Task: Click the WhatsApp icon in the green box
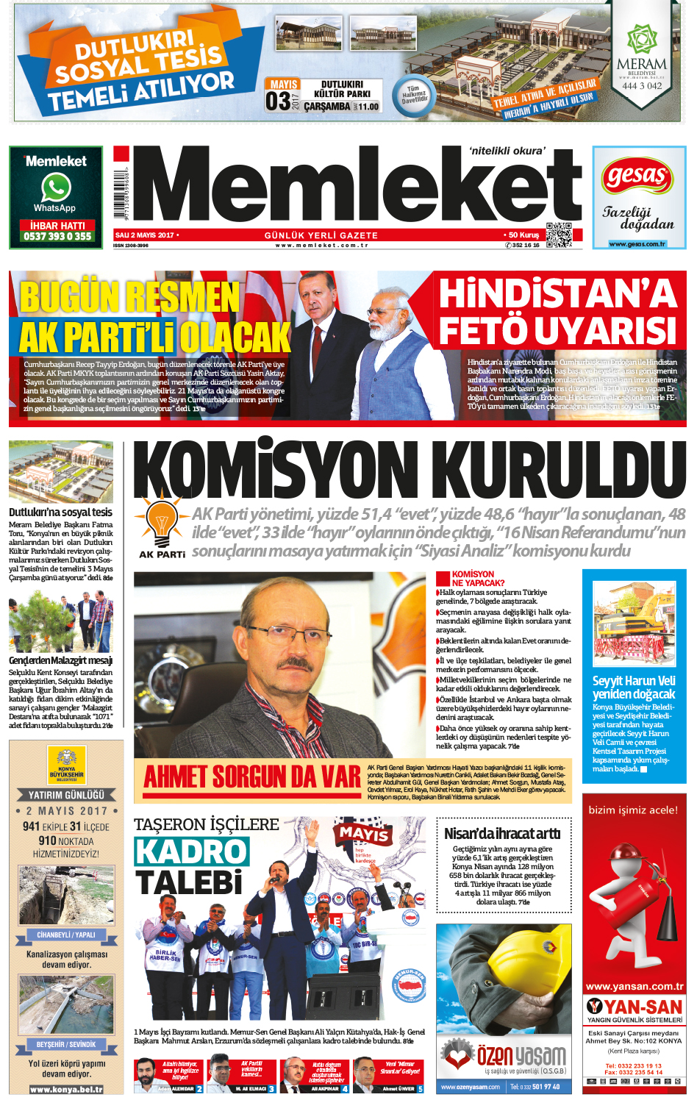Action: click(56, 187)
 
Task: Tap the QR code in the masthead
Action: click(559, 235)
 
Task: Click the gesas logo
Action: click(637, 176)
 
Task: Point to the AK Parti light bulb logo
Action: click(161, 520)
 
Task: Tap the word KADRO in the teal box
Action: click(192, 851)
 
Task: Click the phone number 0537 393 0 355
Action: click(57, 236)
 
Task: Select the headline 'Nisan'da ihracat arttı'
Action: click(502, 833)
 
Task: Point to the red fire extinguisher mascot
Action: click(633, 905)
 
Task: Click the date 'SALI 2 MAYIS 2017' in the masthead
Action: click(145, 235)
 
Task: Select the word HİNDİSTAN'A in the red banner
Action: click(557, 293)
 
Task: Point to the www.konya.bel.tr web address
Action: click(66, 1089)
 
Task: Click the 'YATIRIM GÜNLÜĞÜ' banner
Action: click(66, 795)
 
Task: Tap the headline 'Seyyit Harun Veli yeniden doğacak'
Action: click(633, 687)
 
